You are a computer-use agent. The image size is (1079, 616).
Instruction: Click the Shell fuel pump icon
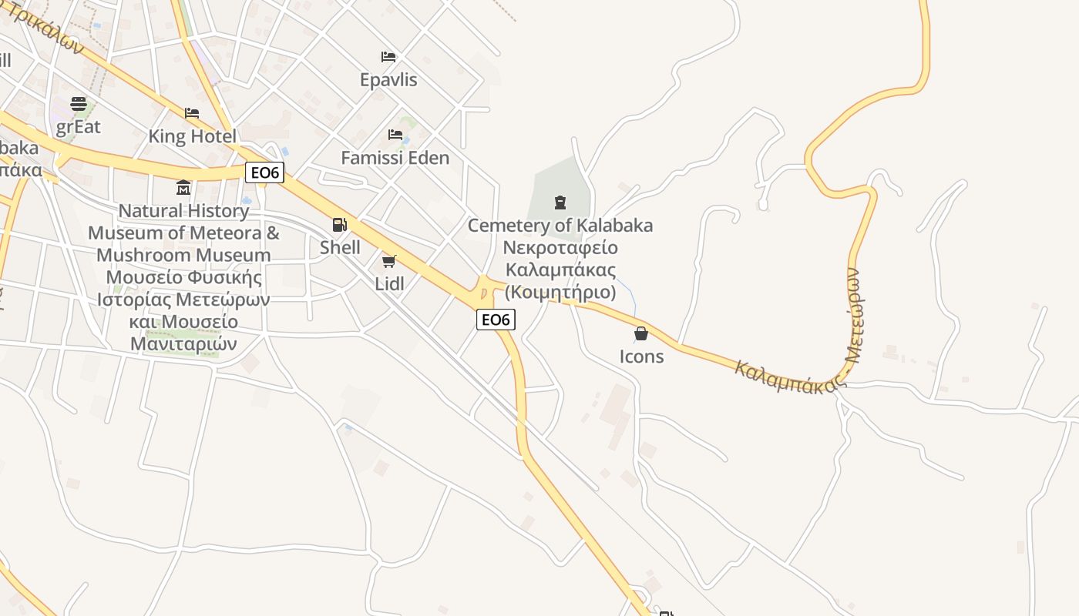click(339, 225)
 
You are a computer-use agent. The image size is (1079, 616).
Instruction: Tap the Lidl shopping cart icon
click(389, 262)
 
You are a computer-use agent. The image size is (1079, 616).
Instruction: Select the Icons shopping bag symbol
click(640, 333)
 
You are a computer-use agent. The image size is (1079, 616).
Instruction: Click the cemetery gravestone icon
click(560, 203)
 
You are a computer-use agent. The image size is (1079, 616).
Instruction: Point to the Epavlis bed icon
click(388, 57)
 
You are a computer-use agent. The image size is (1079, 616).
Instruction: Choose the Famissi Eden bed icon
click(395, 135)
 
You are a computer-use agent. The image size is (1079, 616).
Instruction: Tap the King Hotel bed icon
click(192, 113)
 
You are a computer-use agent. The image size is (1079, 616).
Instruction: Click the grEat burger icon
click(79, 103)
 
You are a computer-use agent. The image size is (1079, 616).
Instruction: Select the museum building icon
click(183, 188)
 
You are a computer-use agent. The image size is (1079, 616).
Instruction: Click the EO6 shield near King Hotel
click(264, 172)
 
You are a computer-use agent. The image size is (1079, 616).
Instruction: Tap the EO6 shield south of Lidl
click(496, 320)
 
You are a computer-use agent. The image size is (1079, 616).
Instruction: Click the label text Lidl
click(389, 283)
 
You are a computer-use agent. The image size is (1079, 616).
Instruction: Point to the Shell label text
click(340, 247)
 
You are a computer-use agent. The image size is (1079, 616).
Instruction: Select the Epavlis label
click(388, 79)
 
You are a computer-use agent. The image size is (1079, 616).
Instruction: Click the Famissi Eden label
click(395, 158)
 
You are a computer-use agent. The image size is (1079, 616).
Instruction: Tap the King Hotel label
click(192, 136)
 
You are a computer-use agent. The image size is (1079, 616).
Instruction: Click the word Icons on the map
click(641, 356)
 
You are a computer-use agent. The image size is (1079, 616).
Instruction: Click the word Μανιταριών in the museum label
click(183, 343)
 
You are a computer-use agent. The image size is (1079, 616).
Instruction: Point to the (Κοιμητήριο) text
click(560, 293)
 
